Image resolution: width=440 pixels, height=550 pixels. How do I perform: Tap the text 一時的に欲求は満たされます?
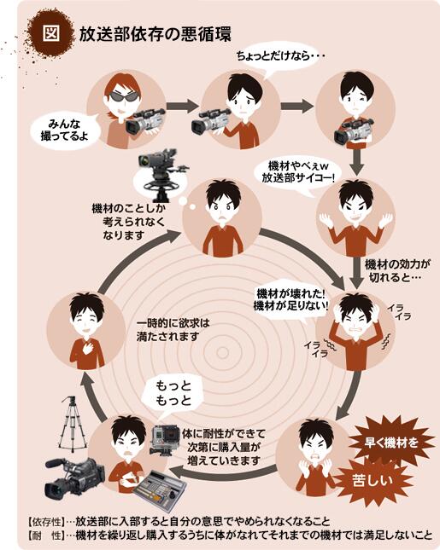pos(173,330)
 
